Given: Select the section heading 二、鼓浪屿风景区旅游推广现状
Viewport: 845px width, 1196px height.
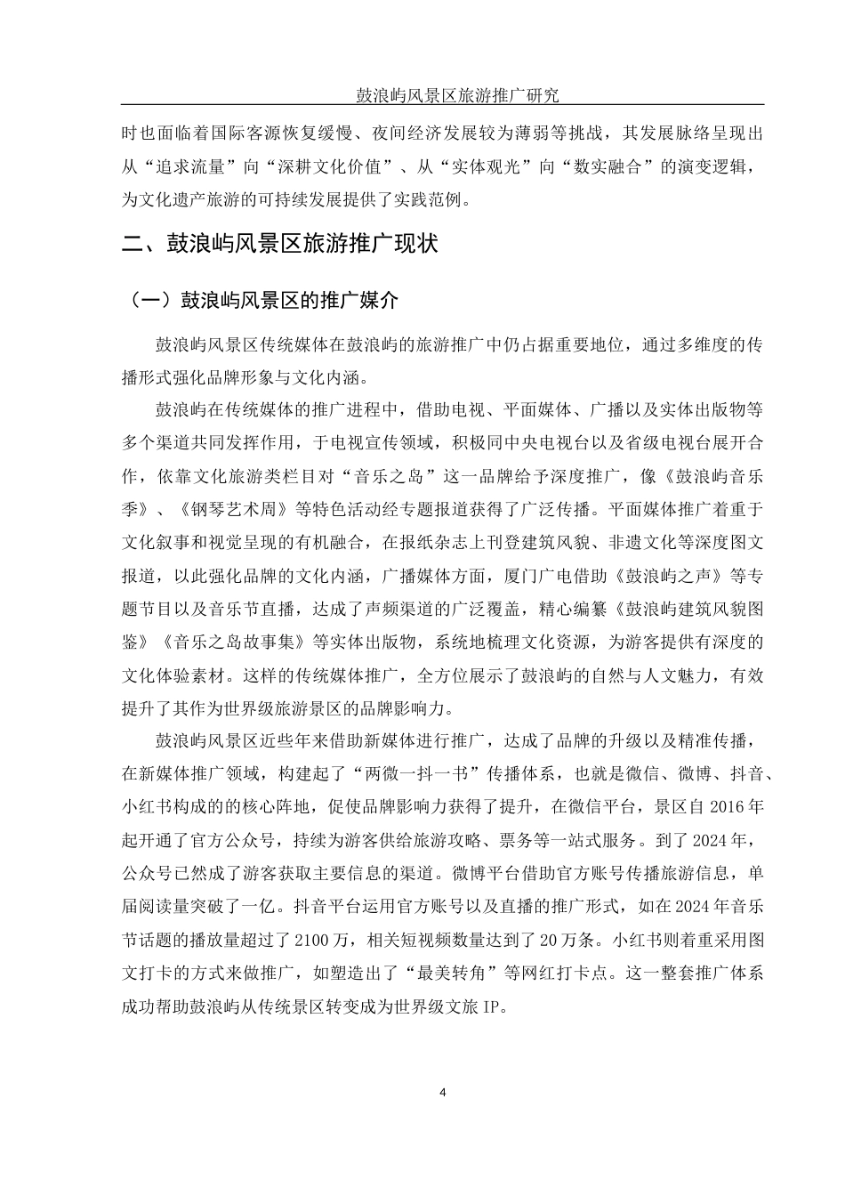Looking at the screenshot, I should tap(279, 243).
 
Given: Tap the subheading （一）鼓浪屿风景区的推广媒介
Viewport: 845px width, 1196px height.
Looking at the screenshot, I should tap(263, 299).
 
